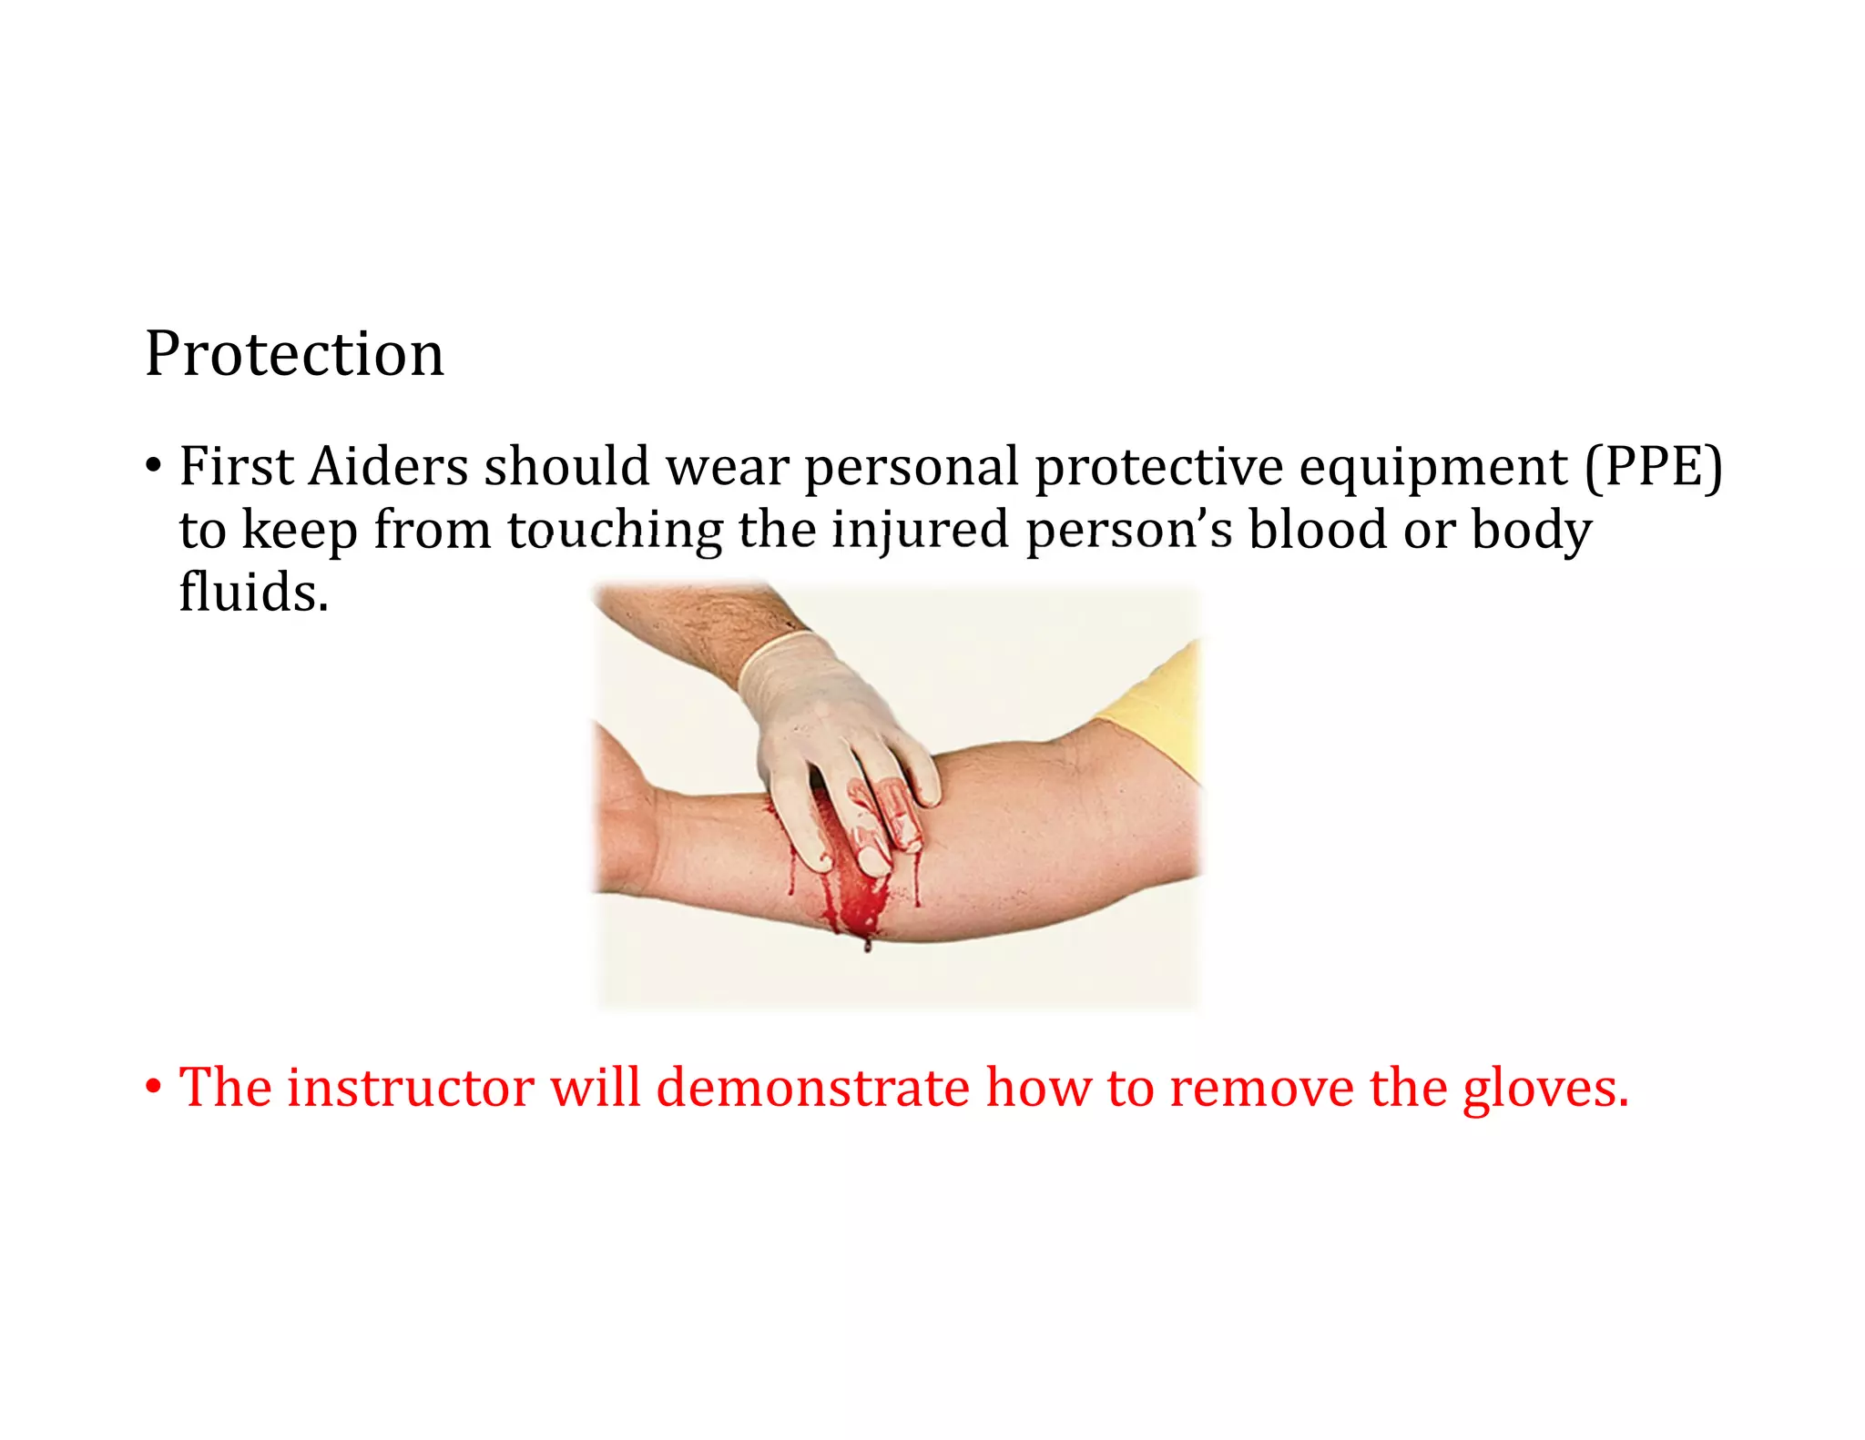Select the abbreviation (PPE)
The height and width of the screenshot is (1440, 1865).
(x=1654, y=467)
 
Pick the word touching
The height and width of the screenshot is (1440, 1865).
(x=615, y=531)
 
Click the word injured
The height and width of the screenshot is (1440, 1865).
(x=920, y=531)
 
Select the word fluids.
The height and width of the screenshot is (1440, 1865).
(x=253, y=593)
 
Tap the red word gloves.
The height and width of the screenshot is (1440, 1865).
(x=1544, y=1089)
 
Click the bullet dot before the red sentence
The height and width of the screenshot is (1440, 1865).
(x=153, y=1087)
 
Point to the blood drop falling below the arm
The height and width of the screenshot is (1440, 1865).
(x=867, y=946)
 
